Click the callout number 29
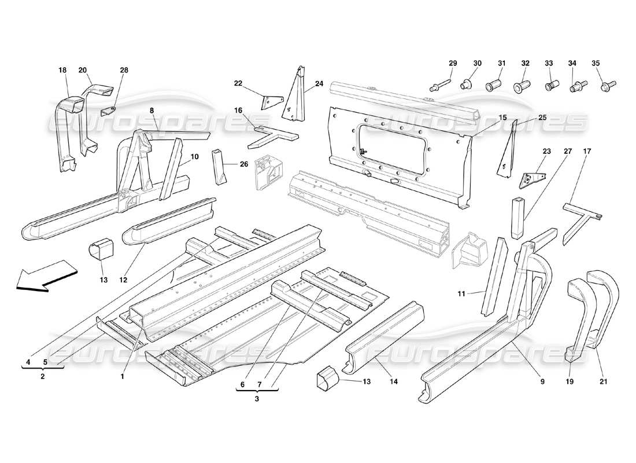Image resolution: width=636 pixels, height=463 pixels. click(x=453, y=63)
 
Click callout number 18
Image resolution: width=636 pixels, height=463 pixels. click(x=62, y=70)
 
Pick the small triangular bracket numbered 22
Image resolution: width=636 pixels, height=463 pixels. click(x=269, y=102)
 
